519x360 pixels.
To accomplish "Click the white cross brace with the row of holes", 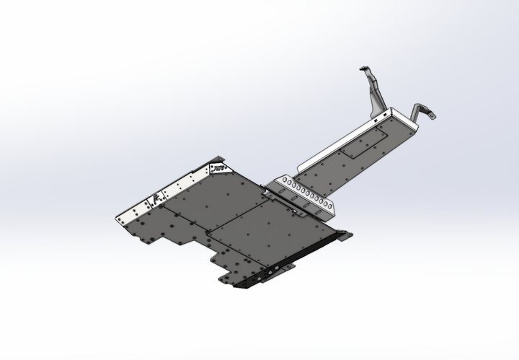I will [306, 197].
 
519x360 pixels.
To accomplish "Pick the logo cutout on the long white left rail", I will [156, 201].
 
